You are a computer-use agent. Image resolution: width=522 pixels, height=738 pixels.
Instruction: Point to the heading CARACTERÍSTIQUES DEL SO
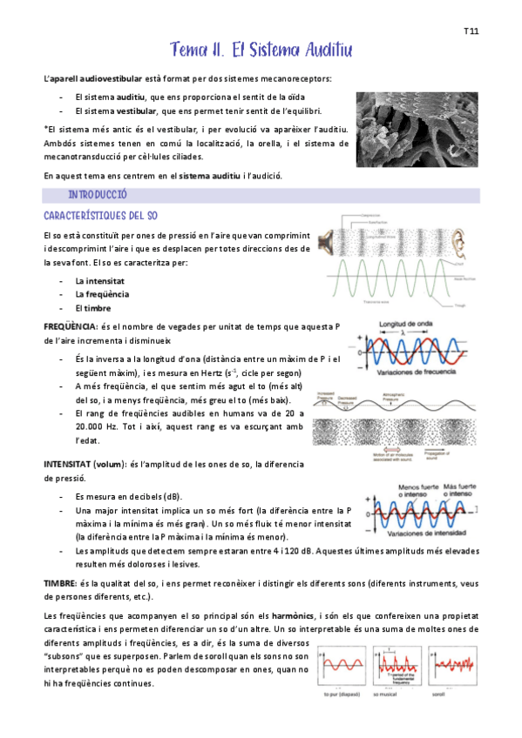tap(100, 215)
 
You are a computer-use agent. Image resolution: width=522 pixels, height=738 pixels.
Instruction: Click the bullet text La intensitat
tap(99, 281)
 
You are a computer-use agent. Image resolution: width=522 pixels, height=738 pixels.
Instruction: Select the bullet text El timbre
tap(92, 308)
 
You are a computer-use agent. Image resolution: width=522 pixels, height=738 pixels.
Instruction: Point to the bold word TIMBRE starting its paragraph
tap(60, 582)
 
